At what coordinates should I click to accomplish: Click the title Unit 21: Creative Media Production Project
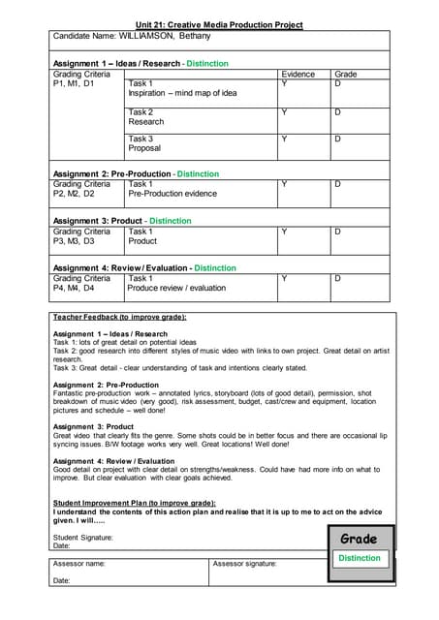pos(219,24)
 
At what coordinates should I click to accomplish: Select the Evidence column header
pos(298,74)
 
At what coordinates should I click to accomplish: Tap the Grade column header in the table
pos(345,74)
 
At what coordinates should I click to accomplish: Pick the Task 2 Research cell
pos(146,117)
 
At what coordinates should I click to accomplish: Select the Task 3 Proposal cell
pos(144,143)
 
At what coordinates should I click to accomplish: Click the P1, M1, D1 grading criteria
pos(74,84)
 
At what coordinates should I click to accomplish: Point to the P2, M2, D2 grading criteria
pos(74,194)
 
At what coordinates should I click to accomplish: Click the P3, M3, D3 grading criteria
pos(74,241)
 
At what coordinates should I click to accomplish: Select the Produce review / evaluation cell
pos(175,289)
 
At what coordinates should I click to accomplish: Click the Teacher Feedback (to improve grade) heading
pos(119,317)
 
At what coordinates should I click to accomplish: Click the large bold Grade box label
pos(359,539)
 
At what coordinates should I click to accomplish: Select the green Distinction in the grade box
pos(360,558)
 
